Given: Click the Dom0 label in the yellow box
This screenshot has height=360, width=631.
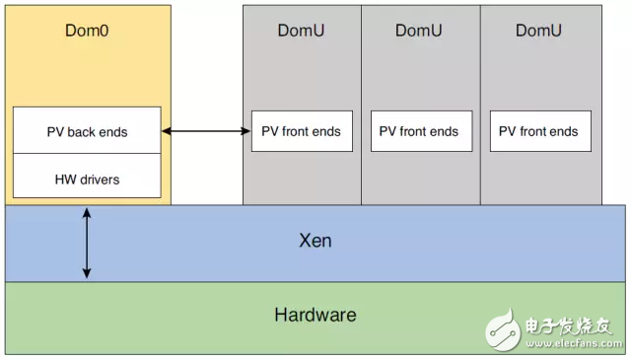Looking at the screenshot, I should pyautogui.click(x=86, y=30).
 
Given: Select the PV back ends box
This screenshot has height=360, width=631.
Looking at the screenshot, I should pyautogui.click(x=87, y=131).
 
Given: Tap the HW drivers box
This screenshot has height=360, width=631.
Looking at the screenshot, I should pyautogui.click(x=87, y=179).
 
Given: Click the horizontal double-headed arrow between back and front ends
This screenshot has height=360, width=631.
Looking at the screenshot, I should pyautogui.click(x=205, y=131).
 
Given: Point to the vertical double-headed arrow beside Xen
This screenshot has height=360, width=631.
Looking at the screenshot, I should pyautogui.click(x=87, y=243).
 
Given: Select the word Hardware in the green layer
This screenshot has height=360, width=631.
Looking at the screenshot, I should pyautogui.click(x=315, y=316).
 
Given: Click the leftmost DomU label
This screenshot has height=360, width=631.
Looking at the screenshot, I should pyautogui.click(x=301, y=30).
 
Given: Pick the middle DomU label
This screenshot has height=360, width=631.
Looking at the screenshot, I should pyautogui.click(x=420, y=30).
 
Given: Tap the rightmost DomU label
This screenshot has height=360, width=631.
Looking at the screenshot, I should pyautogui.click(x=540, y=30).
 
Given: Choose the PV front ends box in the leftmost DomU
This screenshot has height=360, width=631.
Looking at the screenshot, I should pyautogui.click(x=301, y=131).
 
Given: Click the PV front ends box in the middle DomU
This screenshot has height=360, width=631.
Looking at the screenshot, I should pyautogui.click(x=420, y=131).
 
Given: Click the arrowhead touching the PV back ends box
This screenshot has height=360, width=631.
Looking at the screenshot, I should pyautogui.click(x=166, y=131).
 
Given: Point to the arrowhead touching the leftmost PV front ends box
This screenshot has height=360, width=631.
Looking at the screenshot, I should pyautogui.click(x=245, y=131).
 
